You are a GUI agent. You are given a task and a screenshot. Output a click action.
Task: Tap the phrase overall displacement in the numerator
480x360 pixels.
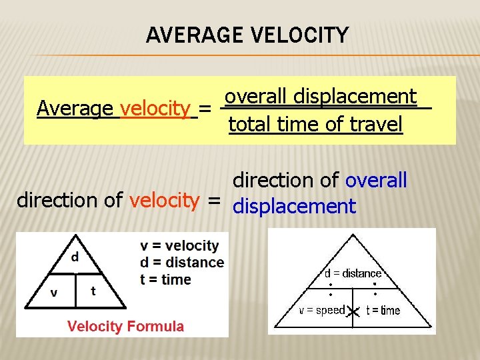point(321,97)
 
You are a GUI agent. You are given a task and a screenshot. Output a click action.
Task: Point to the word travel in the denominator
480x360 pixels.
point(373,125)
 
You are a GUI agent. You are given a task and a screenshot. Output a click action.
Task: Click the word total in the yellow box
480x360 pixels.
point(249,125)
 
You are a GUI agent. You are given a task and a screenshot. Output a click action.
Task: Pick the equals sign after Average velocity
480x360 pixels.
point(207,109)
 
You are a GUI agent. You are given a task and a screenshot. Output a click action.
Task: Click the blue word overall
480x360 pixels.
point(375,180)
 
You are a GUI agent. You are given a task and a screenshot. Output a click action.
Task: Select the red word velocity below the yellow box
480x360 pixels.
point(165,200)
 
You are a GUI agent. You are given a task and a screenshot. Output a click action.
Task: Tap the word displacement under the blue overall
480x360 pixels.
point(294,207)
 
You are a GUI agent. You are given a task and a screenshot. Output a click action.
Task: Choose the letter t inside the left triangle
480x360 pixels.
point(93,291)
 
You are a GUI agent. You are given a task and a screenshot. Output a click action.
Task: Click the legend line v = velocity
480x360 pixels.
point(179,246)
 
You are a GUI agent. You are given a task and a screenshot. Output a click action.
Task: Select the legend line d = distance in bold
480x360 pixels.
point(182,263)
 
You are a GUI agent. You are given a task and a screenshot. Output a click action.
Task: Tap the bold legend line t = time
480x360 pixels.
point(165,279)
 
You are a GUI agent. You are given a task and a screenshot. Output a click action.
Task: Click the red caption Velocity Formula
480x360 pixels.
point(125,326)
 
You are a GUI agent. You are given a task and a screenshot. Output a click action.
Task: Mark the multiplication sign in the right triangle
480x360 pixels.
point(353,311)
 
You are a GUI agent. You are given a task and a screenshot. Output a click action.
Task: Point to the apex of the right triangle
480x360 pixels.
point(353,234)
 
